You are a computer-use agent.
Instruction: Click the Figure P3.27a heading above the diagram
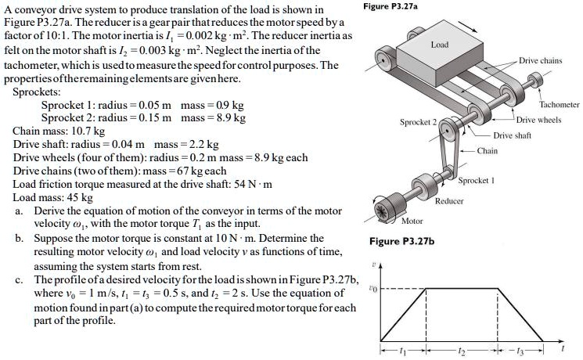[391, 7]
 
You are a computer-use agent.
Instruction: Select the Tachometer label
[560, 105]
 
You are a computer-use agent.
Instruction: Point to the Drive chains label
[540, 60]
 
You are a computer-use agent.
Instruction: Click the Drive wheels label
[538, 120]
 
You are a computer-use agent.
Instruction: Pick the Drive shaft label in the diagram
[513, 135]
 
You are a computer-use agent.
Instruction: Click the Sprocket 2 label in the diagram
[419, 123]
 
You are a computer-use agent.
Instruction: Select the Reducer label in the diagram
[450, 201]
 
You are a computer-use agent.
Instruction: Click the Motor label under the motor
[412, 221]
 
